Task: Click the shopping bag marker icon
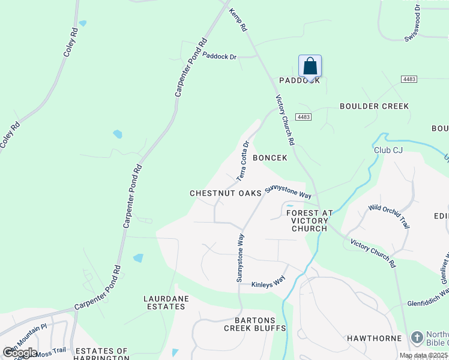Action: pos(310,65)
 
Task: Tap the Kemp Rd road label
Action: pos(238,19)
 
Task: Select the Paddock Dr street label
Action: pos(220,56)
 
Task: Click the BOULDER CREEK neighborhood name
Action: pos(374,106)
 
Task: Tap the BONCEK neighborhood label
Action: pos(270,158)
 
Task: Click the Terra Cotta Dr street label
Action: pos(243,161)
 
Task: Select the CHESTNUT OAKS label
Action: pos(226,193)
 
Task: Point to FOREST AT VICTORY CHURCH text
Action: pos(310,220)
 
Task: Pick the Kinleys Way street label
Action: pos(268,284)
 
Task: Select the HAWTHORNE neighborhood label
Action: pos(374,338)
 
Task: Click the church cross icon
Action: pos(417,338)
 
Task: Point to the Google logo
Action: pos(19,353)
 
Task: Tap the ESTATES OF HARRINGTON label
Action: pos(101,355)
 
